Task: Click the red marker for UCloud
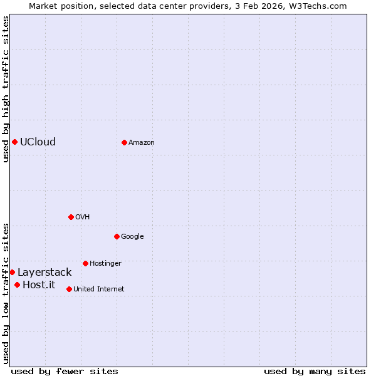(14, 142)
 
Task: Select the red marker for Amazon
(124, 142)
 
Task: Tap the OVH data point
(71, 217)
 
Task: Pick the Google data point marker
(117, 236)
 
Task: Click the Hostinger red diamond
(85, 263)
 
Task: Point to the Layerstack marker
(12, 272)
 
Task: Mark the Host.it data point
(17, 285)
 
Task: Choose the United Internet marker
(69, 289)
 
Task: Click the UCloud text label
(38, 142)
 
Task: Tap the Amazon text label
(142, 142)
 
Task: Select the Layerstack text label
(44, 272)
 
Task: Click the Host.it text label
(39, 285)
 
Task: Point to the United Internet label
(99, 289)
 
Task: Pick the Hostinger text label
(105, 263)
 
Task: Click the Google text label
(132, 236)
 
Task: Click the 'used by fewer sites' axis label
(65, 371)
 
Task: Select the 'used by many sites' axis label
(315, 371)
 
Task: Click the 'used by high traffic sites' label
(6, 89)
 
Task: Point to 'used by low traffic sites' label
(6, 293)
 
